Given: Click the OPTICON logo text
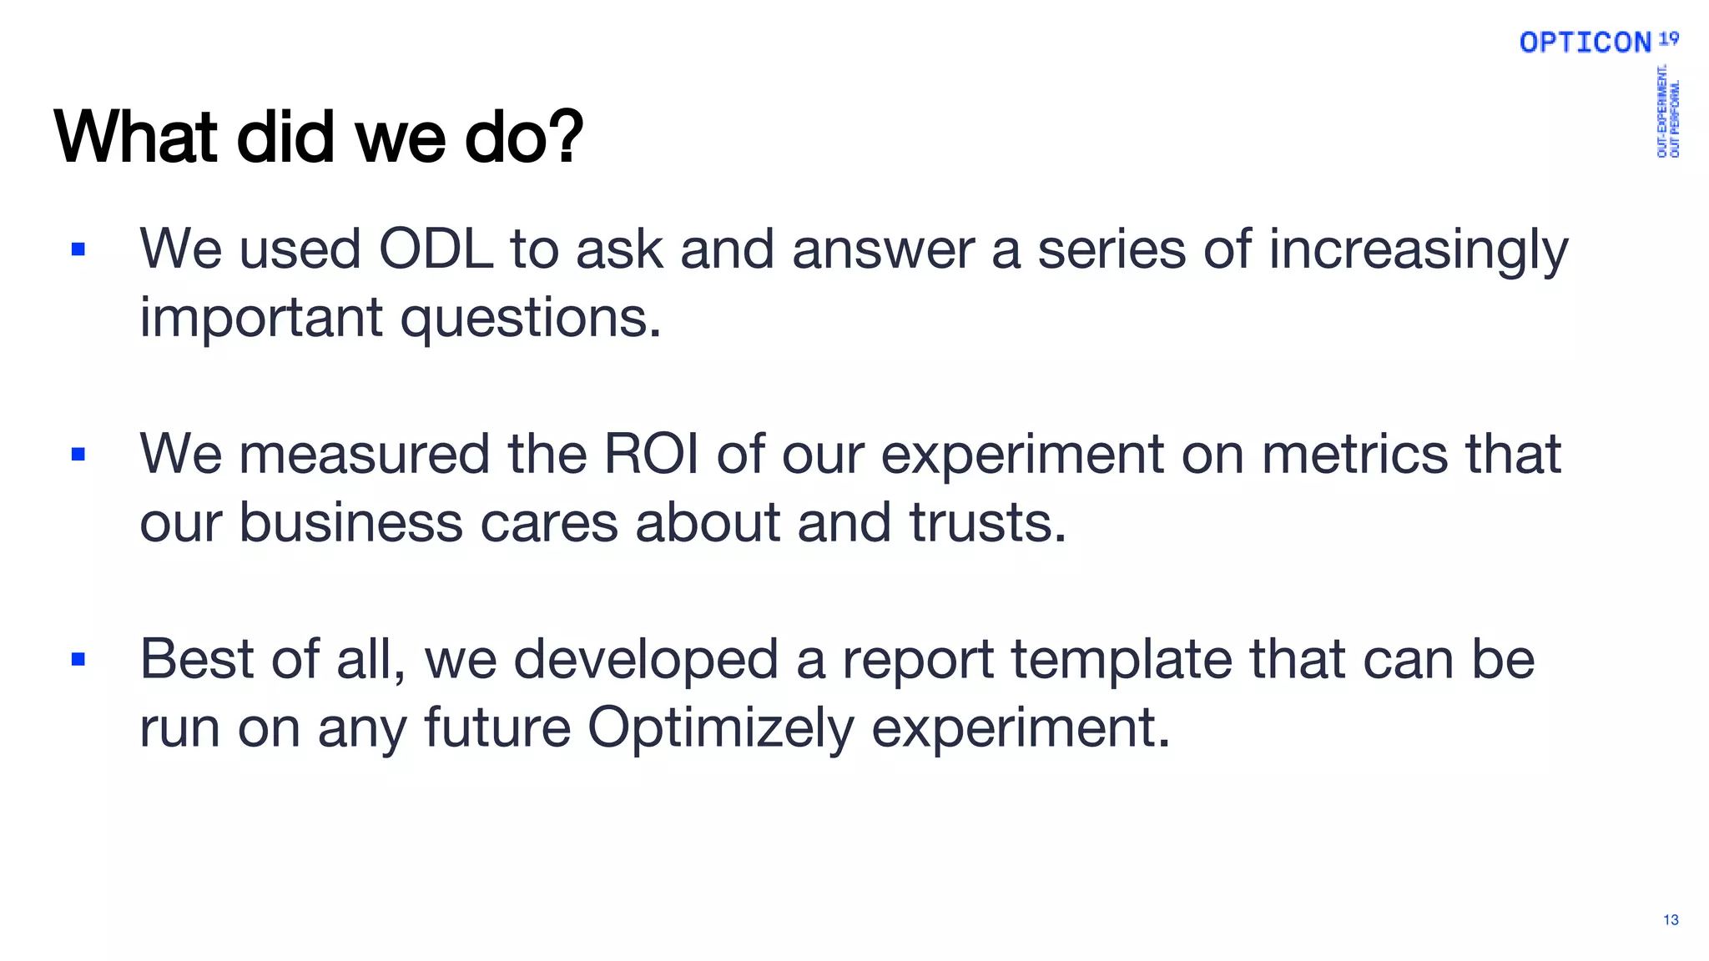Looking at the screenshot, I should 1585,43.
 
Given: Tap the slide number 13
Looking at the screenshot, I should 1671,919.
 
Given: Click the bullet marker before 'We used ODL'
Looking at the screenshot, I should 78,249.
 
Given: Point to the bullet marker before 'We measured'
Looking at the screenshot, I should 78,455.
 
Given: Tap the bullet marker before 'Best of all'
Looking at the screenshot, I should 78,660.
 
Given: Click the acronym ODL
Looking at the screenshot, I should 436,249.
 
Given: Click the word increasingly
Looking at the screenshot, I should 1418,251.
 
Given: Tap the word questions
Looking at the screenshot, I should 530,319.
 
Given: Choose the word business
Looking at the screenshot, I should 350,523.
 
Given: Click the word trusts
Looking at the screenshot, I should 987,523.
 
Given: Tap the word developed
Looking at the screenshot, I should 646,660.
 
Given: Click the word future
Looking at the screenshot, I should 497,727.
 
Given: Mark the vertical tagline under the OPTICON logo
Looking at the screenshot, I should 1668,111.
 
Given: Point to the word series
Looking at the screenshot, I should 1111,249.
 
